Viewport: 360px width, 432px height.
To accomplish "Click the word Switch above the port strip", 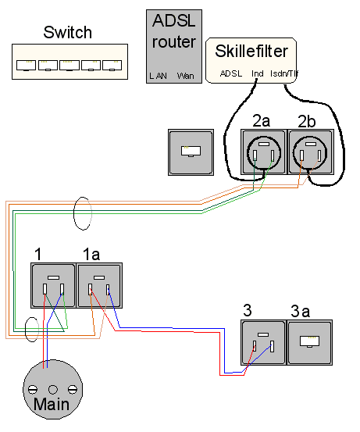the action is pos(67,32).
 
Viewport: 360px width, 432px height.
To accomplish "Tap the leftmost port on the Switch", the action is pos(27,66).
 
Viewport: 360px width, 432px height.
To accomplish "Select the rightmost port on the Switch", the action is pos(112,66).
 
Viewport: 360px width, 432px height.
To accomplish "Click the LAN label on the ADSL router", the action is pos(158,76).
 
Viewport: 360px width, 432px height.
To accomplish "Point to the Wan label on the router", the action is pos(185,76).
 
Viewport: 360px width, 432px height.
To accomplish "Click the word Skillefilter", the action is pos(251,51).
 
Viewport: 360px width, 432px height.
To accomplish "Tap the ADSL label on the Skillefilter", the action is pos(231,73).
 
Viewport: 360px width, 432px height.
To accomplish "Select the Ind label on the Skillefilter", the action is pos(258,73).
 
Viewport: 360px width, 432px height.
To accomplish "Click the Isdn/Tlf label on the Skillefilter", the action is pos(284,73).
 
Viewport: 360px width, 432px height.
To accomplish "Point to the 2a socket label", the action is pos(261,121).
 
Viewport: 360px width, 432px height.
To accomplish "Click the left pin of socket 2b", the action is pos(302,155).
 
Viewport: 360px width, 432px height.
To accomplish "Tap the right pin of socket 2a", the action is pos(273,155).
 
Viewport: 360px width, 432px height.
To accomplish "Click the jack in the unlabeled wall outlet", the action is pos(191,152).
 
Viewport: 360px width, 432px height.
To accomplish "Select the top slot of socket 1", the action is pos(53,278).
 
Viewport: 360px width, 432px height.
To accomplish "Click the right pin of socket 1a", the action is pos(108,290).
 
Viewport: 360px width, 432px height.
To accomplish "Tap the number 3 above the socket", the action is pos(248,310).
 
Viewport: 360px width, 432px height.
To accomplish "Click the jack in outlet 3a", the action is pos(309,341).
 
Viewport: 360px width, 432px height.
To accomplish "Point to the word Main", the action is pos(52,404).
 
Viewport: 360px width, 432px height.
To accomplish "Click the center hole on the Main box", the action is pos(53,390).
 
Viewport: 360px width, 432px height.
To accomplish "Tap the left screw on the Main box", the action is pos(33,390).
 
